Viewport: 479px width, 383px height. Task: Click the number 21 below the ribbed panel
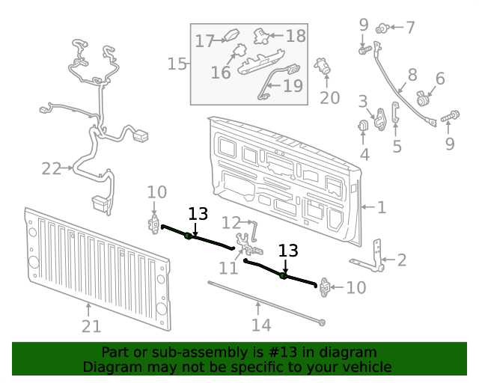coord(91,326)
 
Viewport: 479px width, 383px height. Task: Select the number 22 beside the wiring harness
coord(51,169)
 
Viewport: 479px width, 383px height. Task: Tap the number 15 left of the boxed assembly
coord(177,64)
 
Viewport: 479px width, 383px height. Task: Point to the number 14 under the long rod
coord(260,325)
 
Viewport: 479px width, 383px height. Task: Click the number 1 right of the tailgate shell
coord(382,207)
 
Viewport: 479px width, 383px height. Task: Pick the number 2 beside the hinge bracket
coord(402,260)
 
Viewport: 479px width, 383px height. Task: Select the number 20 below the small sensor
coord(329,98)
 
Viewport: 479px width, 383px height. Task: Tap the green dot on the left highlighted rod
coord(187,236)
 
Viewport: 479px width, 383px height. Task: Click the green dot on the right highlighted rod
coord(284,276)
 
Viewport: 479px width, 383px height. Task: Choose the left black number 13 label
coord(198,214)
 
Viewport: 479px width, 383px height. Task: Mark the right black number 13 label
coord(288,251)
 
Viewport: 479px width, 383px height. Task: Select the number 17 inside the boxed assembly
coord(205,41)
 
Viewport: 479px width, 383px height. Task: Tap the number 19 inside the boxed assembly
coord(293,86)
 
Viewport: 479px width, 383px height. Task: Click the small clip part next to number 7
coord(382,28)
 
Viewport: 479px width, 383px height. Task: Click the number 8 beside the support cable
coord(412,75)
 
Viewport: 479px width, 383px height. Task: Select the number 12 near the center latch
coord(231,222)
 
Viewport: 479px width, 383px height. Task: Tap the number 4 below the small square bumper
coord(364,155)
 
